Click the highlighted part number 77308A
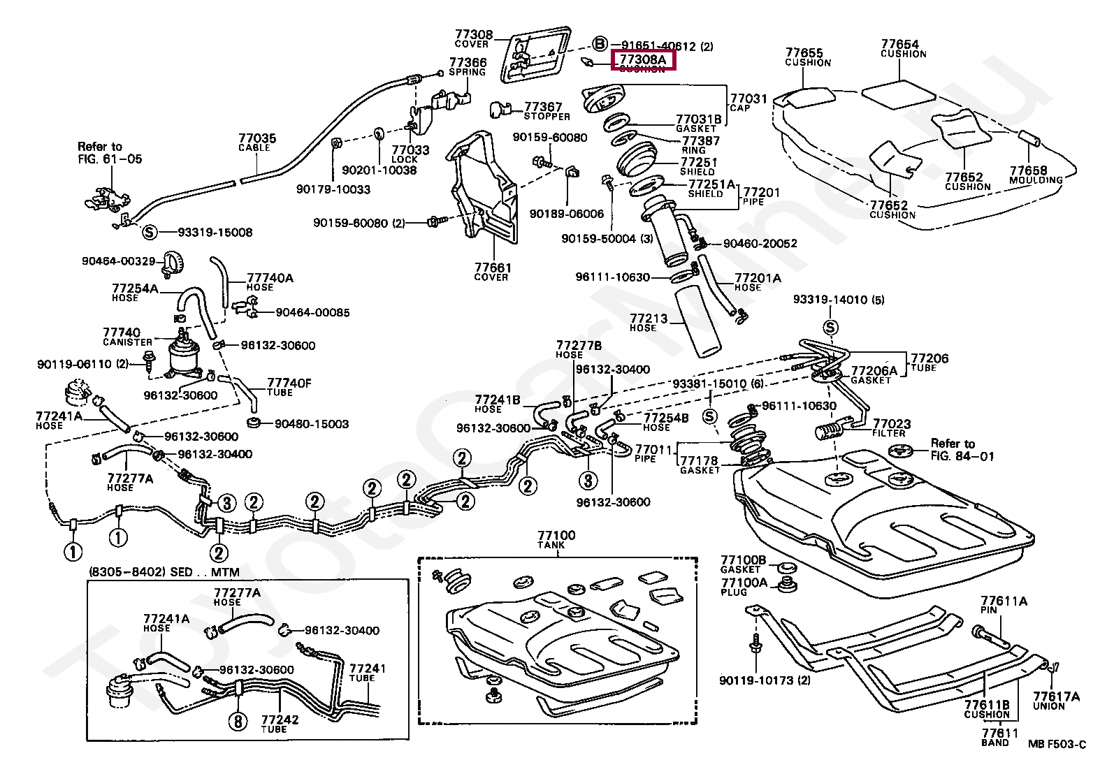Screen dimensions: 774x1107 pos(643,61)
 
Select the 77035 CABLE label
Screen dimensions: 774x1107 pos(257,143)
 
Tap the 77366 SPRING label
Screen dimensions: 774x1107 pos(468,66)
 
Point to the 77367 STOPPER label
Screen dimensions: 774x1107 pos(547,111)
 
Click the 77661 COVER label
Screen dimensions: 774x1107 pos(493,272)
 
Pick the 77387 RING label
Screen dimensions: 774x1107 pos(701,145)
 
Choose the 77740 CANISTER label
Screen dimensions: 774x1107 pos(127,337)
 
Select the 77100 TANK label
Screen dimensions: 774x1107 pos(556,539)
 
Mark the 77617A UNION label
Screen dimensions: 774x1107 pos(1056,701)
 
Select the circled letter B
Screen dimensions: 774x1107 pos(600,45)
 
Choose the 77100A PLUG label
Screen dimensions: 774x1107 pos(744,587)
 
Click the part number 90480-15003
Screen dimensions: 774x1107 pos(312,424)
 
